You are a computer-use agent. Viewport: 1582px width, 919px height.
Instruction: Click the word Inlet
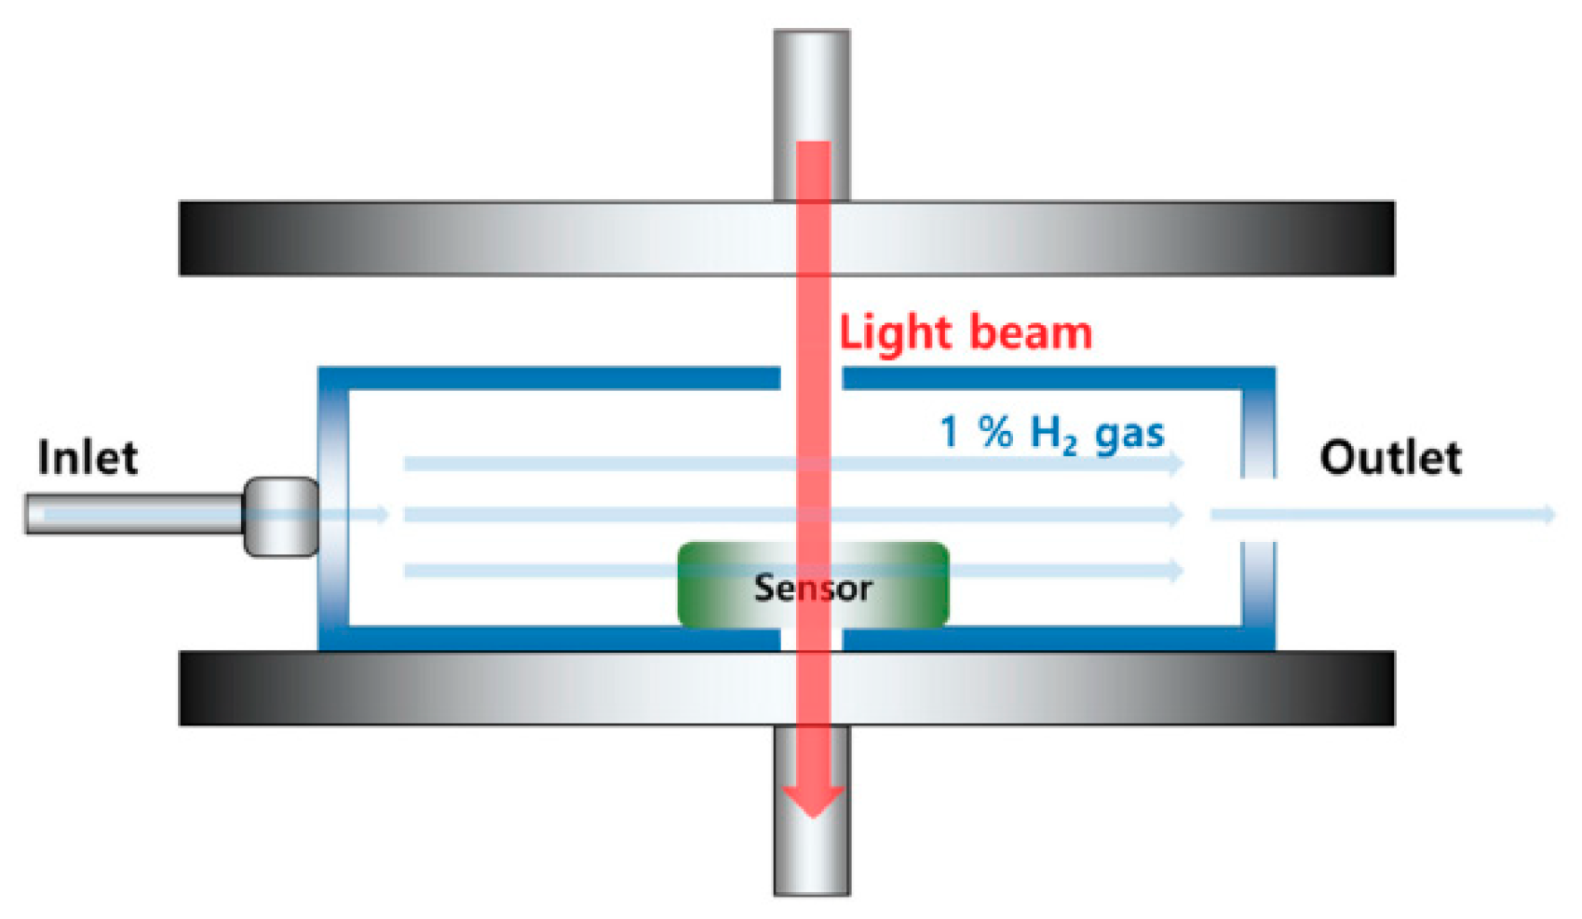(88, 456)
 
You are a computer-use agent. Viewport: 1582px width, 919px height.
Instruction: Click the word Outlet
(1390, 457)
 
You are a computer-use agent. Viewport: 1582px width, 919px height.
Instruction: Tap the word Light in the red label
(895, 332)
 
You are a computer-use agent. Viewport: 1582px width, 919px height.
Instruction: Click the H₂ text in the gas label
(1053, 434)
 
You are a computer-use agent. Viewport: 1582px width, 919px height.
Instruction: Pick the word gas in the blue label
(1129, 435)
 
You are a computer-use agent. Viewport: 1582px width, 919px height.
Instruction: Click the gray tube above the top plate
(812, 84)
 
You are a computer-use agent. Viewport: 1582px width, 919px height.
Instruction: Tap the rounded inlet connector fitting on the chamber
(281, 516)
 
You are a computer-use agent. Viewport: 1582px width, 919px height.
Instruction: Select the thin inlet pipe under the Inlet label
(130, 514)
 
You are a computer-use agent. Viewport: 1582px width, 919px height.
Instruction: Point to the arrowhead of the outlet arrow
(1548, 514)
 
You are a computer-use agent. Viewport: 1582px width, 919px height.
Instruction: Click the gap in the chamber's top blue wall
(811, 377)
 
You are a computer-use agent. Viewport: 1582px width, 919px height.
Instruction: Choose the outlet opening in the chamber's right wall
(1258, 511)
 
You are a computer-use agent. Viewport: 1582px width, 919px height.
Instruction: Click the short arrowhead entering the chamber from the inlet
(382, 514)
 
